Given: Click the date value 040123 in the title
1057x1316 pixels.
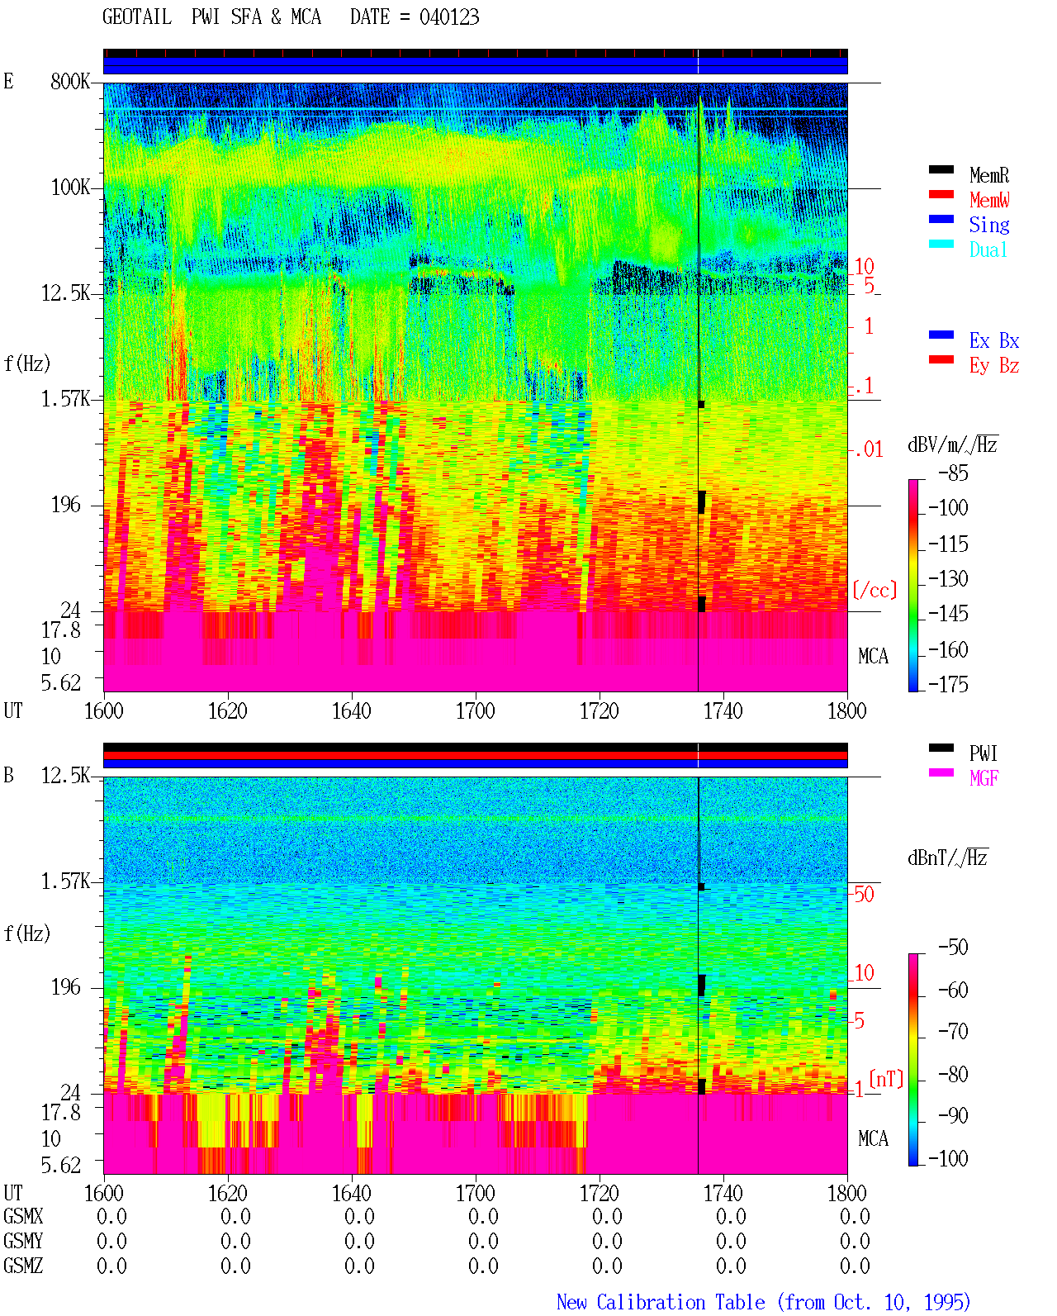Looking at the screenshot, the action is pos(448,17).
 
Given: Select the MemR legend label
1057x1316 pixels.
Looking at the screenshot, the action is pos(988,175).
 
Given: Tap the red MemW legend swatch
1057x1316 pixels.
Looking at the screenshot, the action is pos(941,194).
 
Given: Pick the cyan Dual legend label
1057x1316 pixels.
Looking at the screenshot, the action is pos(988,249).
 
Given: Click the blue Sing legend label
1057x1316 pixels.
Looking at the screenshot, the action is pos(988,225).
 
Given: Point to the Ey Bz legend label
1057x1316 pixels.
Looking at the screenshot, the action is pos(993,366).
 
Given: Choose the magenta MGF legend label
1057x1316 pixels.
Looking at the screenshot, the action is pos(984,778).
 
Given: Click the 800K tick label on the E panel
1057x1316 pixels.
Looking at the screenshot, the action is pos(69,81).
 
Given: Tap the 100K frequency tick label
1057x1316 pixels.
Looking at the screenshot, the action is pos(69,188).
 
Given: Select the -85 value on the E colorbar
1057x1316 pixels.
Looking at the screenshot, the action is pos(953,473).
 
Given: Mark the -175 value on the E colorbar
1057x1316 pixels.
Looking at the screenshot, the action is pos(948,684).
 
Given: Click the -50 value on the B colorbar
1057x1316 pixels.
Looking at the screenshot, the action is pos(953,948).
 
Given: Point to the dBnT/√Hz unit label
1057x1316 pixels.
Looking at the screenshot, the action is pos(947,858).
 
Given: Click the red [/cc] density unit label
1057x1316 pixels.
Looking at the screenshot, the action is pos(875,590).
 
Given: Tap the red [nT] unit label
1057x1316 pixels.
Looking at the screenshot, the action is pos(886,1079).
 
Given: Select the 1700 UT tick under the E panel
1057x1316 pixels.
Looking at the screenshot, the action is pos(475,710).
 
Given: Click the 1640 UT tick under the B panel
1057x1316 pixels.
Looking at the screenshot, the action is pos(352,1193).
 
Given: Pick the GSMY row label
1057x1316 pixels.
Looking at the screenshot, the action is pos(23,1241).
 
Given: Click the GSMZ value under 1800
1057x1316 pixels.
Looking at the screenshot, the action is pos(855,1266).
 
